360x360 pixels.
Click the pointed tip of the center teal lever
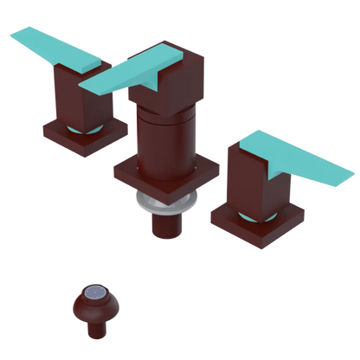(84, 87)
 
